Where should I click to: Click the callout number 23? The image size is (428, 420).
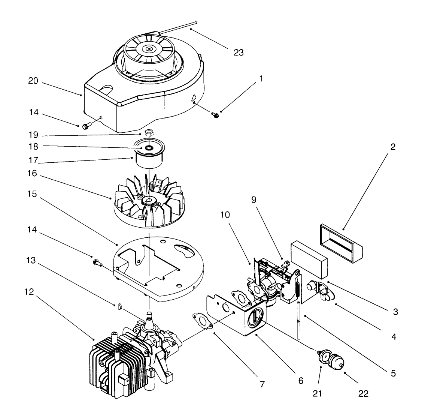point(239,52)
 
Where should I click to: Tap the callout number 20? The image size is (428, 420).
point(33,81)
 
